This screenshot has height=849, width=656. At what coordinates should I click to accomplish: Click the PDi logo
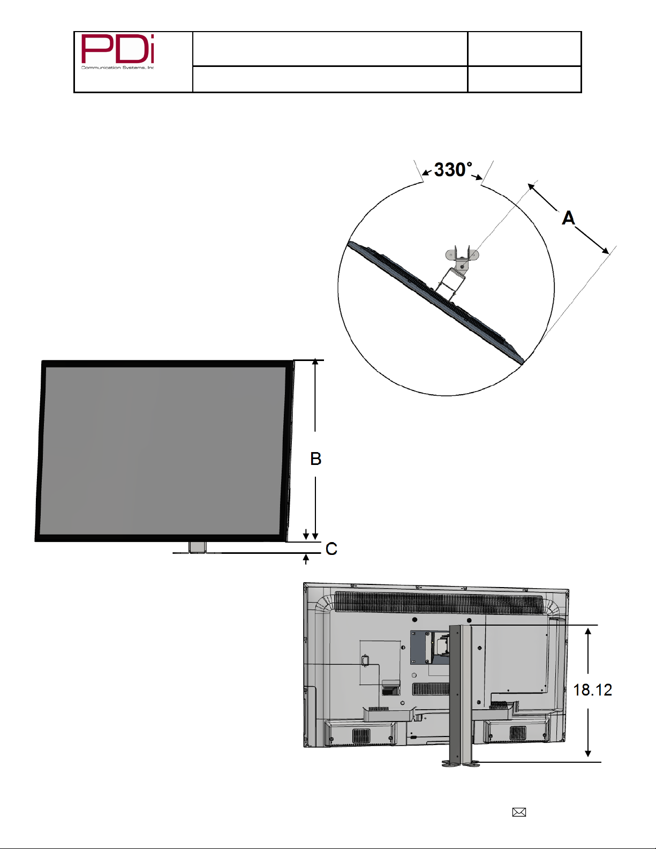click(x=117, y=51)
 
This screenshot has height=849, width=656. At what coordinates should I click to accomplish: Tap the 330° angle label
click(x=453, y=170)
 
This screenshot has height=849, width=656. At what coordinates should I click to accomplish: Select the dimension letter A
click(x=569, y=217)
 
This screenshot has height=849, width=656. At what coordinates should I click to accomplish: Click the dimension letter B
click(x=315, y=459)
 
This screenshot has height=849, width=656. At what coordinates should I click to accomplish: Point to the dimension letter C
click(x=331, y=549)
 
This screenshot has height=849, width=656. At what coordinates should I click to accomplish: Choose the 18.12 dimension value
click(x=592, y=690)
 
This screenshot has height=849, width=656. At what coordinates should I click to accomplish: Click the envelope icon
click(x=519, y=812)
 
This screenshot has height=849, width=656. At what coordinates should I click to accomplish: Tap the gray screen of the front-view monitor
click(x=162, y=450)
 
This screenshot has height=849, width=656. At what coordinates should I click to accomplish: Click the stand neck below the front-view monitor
click(x=197, y=547)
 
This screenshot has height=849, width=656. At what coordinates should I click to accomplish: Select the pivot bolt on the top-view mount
click(x=463, y=266)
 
